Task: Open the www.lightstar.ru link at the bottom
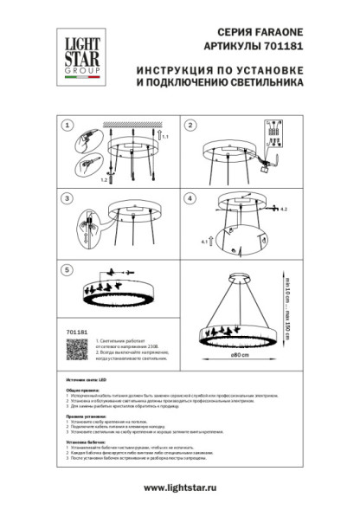[179, 487]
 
